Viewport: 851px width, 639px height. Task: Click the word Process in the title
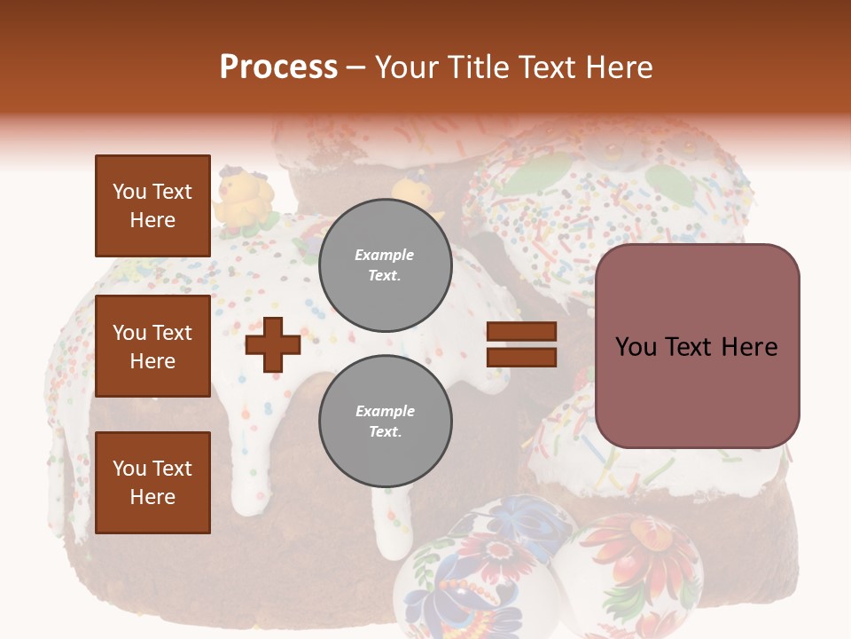click(x=278, y=67)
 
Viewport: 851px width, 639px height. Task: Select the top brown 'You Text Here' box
click(x=152, y=206)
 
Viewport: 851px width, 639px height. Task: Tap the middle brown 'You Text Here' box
click(x=152, y=346)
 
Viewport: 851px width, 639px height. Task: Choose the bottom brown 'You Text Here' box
click(x=152, y=482)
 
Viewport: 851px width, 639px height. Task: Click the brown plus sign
click(x=273, y=344)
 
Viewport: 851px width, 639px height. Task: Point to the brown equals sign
click(x=521, y=344)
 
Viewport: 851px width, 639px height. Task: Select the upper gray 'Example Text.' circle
click(x=385, y=265)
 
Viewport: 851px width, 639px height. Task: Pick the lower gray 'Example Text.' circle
click(x=385, y=421)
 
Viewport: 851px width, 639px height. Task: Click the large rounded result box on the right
click(x=697, y=346)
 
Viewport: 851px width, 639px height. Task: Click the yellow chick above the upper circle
click(x=417, y=197)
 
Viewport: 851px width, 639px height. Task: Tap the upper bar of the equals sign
click(x=521, y=332)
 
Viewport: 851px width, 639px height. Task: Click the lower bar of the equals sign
click(x=521, y=357)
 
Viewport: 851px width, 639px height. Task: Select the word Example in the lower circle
click(x=385, y=411)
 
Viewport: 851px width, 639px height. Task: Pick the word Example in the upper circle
click(x=385, y=255)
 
